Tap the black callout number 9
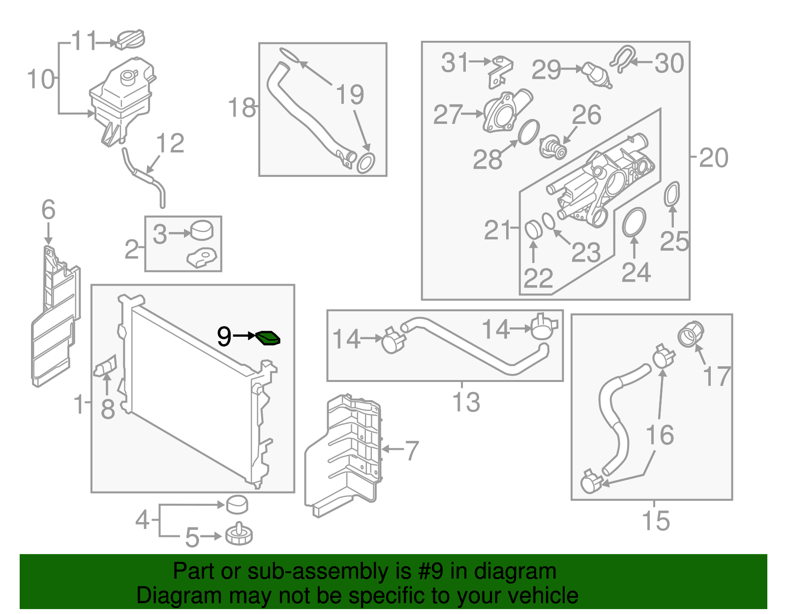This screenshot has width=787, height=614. [224, 337]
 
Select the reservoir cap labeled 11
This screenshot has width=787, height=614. [130, 39]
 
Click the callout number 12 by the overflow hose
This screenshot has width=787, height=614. [170, 144]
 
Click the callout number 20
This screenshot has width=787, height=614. [713, 158]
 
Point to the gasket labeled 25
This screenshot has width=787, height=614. [672, 194]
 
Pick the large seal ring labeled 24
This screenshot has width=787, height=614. [634, 222]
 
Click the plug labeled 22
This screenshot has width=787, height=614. [533, 230]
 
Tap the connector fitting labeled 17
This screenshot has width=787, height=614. [691, 334]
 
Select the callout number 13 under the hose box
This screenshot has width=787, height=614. [466, 402]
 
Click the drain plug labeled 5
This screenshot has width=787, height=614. [239, 534]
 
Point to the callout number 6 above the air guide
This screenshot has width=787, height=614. [48, 210]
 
